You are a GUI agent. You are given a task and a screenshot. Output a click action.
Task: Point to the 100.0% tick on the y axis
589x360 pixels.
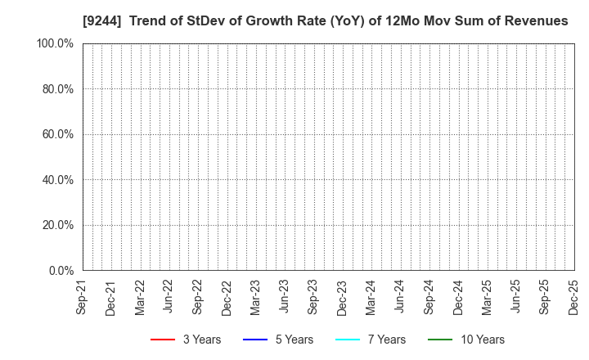55,43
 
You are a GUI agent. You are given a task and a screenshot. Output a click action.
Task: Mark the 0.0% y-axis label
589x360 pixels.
60,271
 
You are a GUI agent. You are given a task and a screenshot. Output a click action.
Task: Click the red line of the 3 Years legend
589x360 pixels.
163,340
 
